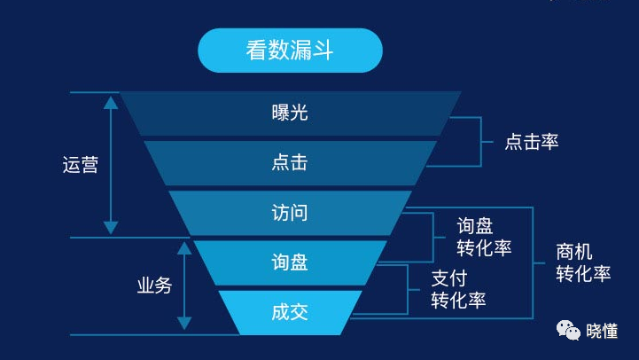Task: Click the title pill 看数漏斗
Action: point(290,50)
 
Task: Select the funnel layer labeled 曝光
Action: point(290,113)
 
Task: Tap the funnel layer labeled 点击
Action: point(290,163)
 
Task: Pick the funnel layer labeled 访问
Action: point(290,213)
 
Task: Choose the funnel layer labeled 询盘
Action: point(290,262)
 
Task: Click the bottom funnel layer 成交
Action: point(290,312)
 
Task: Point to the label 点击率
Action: point(532,142)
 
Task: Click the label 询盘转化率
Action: point(484,237)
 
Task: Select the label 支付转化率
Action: point(458,288)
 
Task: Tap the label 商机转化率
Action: point(583,262)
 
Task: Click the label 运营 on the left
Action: point(80,165)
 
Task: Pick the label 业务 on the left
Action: point(154,286)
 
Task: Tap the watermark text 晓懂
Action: point(603,332)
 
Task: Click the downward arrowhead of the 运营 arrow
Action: point(111,228)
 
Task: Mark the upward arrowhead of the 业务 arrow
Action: point(184,250)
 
